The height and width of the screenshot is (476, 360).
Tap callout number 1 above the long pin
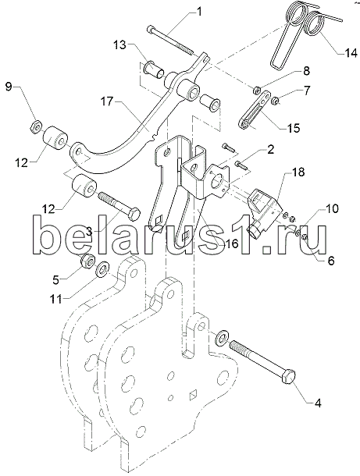(199, 12)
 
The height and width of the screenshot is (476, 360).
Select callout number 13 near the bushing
(119, 45)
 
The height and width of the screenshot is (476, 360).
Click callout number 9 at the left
(9, 87)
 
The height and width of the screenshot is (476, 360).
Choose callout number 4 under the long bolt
(318, 403)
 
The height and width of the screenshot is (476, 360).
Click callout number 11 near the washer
(56, 299)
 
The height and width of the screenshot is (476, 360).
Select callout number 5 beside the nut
(56, 280)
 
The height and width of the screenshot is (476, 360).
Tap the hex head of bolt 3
(134, 215)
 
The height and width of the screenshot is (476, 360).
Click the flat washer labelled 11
(102, 269)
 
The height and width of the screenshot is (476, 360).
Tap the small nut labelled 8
(257, 91)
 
